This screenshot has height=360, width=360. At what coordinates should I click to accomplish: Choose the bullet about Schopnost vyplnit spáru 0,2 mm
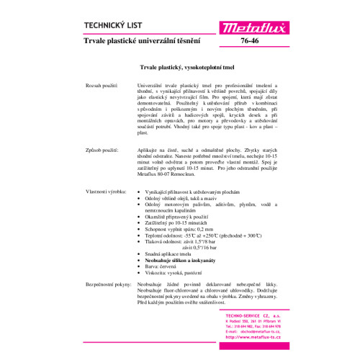click(182, 229)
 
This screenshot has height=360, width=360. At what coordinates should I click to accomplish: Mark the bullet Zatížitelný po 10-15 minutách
click(177, 222)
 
